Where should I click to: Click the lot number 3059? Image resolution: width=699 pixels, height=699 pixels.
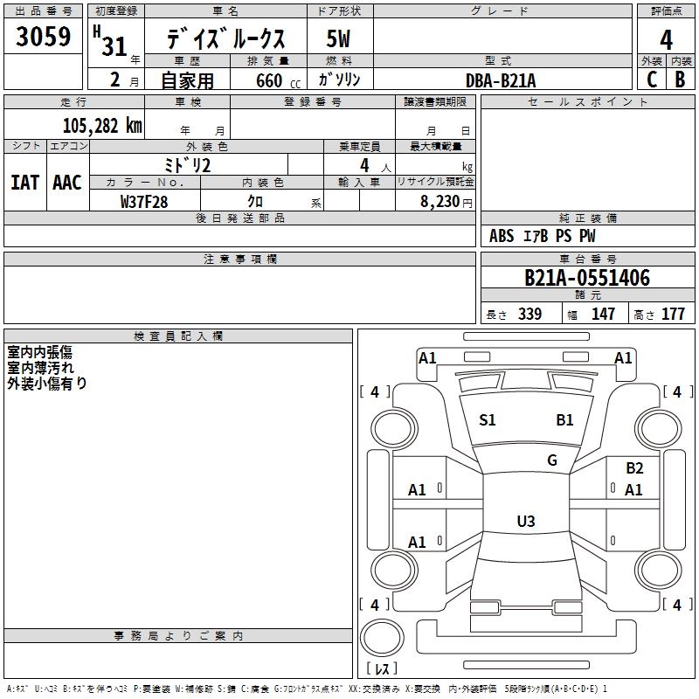[x=44, y=37]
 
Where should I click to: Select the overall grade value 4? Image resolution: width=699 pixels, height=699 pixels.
[x=666, y=40]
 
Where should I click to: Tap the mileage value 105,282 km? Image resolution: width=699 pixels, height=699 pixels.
[x=102, y=126]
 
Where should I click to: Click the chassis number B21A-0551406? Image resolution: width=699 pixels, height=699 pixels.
[x=587, y=279]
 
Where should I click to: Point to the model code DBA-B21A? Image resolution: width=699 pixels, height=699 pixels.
[x=501, y=80]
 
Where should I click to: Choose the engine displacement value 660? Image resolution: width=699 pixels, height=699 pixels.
[x=268, y=80]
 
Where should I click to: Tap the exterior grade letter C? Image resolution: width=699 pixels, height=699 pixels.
[x=651, y=80]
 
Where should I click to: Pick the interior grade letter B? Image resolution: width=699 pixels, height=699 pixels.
[x=680, y=80]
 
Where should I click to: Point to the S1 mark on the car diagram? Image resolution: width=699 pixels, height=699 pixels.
[x=488, y=420]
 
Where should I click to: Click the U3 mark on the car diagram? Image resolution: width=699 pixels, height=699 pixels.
[x=525, y=522]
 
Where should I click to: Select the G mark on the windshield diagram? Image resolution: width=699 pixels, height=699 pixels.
[x=552, y=460]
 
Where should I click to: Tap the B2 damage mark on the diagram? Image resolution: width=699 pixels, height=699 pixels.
[x=634, y=468]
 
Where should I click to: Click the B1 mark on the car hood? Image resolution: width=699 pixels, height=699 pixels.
[x=565, y=420]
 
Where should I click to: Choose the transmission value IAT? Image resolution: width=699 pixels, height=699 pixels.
[x=24, y=183]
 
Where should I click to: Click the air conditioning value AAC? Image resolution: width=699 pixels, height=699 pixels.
[x=67, y=183]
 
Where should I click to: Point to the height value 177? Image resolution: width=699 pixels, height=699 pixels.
[x=673, y=315]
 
